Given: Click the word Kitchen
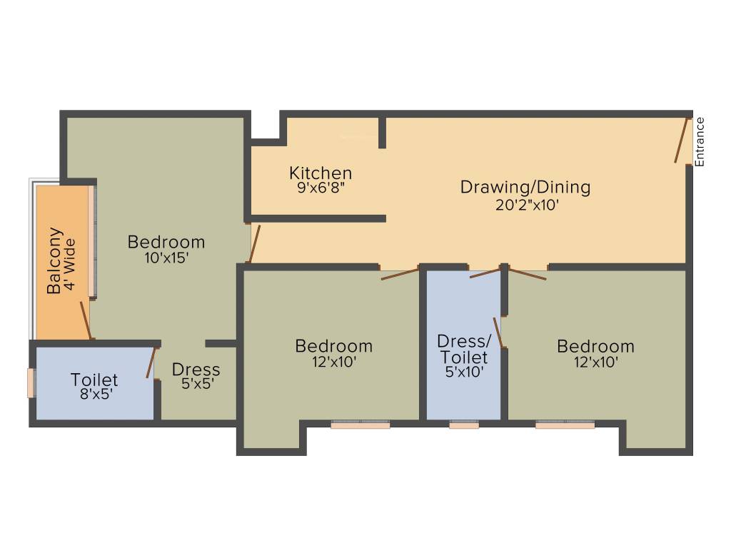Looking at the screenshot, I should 321,173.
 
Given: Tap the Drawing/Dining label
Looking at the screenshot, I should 525,188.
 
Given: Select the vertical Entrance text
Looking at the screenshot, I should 700,141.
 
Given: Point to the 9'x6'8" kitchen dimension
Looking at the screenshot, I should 321,189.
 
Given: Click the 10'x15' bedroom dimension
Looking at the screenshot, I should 166,258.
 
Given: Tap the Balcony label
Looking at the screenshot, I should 54,261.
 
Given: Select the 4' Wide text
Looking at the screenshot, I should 69,261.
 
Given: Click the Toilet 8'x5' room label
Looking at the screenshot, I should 94,385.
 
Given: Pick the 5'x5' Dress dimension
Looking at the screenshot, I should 196,384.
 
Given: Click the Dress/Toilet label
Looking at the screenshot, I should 463,348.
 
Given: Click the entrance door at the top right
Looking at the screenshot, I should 682,141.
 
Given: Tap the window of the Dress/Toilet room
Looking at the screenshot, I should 463,425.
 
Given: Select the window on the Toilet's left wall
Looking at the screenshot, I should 31,382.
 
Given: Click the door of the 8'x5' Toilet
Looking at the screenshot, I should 151,363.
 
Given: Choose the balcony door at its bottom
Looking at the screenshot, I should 85,320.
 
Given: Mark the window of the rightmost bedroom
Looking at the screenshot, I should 565,425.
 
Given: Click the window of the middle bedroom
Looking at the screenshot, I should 361,425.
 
